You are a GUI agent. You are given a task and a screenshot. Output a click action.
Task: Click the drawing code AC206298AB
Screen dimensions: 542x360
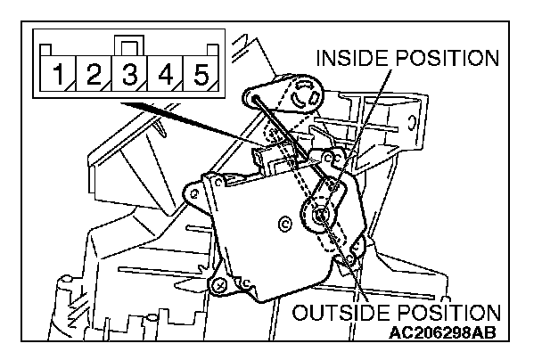pyautogui.click(x=443, y=334)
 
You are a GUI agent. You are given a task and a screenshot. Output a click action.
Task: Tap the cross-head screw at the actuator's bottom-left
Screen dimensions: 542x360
pyautogui.click(x=217, y=285)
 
